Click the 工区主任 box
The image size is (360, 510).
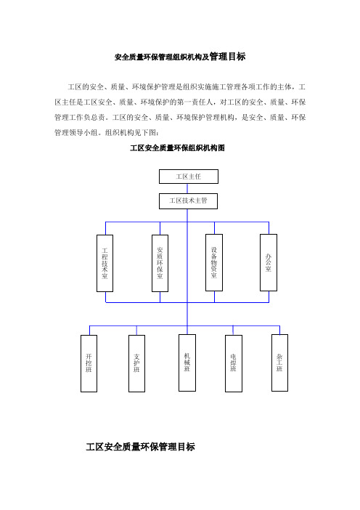pyautogui.click(x=189, y=177)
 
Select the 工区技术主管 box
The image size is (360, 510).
pyautogui.click(x=188, y=201)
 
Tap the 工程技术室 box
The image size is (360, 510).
pyautogui.click(x=105, y=263)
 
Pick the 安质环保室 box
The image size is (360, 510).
pyautogui.click(x=160, y=263)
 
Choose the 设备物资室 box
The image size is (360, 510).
pyautogui.click(x=214, y=262)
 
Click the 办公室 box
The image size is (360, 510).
pyautogui.click(x=269, y=262)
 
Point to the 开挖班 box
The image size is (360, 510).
pyautogui.click(x=89, y=363)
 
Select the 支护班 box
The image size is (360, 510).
pyautogui.click(x=136, y=363)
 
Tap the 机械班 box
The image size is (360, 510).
pyautogui.click(x=187, y=363)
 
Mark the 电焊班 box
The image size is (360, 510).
pyautogui.click(x=234, y=363)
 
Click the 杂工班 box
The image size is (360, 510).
pyautogui.click(x=279, y=363)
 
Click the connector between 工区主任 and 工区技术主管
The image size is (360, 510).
pyautogui.click(x=187, y=189)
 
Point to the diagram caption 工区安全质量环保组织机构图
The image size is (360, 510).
pyautogui.click(x=177, y=148)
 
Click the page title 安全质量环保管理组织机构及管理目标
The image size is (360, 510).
pyautogui.click(x=180, y=57)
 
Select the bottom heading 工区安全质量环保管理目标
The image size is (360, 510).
pyautogui.click(x=140, y=447)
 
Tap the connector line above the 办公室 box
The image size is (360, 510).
pyautogui.click(x=269, y=228)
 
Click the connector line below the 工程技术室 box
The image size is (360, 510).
pyautogui.click(x=105, y=297)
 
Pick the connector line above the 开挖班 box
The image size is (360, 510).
pyautogui.click(x=90, y=330)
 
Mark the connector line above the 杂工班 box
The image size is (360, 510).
pyautogui.click(x=279, y=330)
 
